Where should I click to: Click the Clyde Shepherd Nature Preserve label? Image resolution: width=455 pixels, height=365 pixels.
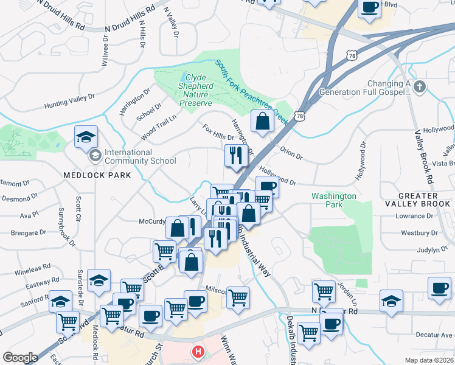[x=199, y=90]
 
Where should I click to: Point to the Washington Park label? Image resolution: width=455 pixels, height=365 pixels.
[x=333, y=200]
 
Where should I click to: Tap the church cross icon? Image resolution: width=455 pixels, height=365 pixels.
[x=419, y=88]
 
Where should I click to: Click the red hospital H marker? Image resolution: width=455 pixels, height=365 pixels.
[x=198, y=352]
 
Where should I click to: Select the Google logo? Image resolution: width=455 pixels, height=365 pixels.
[x=20, y=358]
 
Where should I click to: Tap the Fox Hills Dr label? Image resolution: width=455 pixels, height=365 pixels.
[x=218, y=133]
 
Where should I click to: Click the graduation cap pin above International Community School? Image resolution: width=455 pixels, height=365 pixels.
[x=86, y=137]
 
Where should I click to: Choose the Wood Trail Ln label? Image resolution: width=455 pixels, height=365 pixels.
[x=148, y=124]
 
